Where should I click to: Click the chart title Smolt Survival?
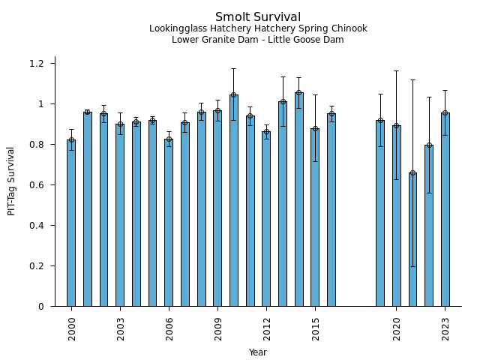258,17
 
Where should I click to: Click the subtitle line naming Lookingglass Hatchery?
258,29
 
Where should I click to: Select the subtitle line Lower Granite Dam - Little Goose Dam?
258,40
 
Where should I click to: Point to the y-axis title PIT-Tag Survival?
11,181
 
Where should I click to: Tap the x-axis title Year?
258,352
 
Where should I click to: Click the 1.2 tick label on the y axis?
37,63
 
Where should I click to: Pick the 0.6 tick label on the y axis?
37,184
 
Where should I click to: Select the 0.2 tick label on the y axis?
37,265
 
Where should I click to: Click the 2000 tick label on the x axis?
72,328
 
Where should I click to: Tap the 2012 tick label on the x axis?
267,328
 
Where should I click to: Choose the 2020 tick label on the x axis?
397,328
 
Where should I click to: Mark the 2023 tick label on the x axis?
445,328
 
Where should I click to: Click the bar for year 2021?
412,239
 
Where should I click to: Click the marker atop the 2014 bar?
299,93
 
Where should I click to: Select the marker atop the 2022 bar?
429,145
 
